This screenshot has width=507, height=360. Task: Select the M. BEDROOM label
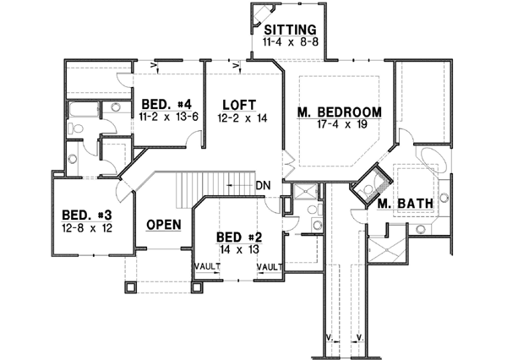(340, 112)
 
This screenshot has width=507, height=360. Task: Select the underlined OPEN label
(164, 225)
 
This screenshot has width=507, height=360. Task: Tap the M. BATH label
(399, 205)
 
